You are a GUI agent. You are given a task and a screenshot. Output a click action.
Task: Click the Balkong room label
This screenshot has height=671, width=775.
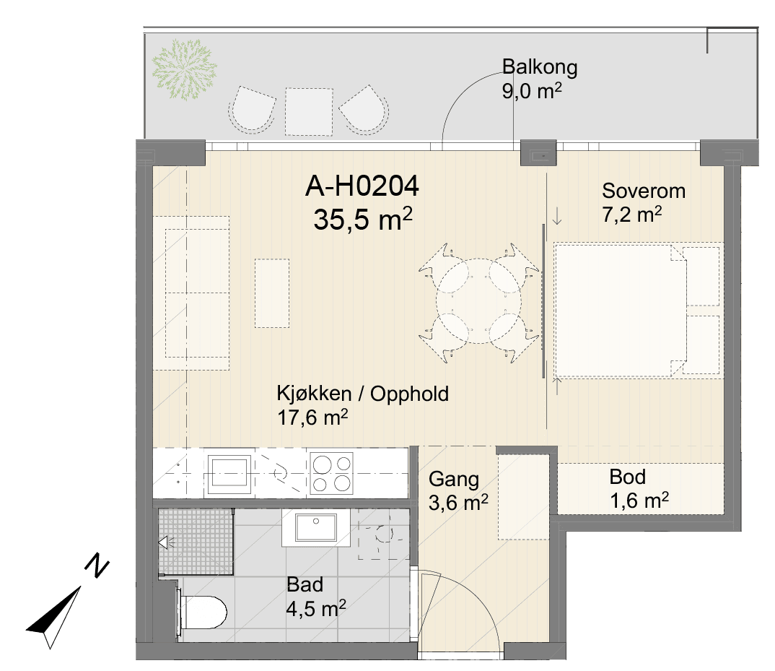click(539, 66)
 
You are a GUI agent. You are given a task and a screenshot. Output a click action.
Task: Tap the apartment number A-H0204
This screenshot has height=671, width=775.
click(362, 186)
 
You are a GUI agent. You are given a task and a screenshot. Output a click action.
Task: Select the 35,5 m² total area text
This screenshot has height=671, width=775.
click(363, 220)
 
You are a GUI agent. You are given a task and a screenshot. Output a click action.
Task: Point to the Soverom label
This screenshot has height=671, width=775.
click(644, 191)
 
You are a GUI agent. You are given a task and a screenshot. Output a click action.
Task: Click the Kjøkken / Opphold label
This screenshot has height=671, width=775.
click(363, 394)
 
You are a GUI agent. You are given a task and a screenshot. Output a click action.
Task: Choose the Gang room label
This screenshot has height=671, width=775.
click(454, 480)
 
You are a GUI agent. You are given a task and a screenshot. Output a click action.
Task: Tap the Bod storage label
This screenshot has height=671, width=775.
click(627, 477)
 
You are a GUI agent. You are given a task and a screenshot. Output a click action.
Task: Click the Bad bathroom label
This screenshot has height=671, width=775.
click(305, 585)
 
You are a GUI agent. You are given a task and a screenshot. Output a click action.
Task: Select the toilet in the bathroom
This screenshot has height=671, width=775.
click(201, 612)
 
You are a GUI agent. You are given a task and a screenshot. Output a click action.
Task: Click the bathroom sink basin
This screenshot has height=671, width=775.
click(316, 527)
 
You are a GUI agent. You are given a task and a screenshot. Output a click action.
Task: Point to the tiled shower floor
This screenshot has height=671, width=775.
click(196, 542)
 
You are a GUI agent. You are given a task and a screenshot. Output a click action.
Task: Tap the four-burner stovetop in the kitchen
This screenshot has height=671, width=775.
click(331, 474)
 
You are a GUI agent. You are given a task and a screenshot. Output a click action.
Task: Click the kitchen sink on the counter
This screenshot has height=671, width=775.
click(228, 474)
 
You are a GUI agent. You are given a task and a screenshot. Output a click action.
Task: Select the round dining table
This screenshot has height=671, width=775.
click(478, 300)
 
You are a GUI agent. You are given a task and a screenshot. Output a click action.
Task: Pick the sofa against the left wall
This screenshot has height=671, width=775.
click(191, 293)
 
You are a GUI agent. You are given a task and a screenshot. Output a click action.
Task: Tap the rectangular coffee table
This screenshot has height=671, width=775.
click(272, 293)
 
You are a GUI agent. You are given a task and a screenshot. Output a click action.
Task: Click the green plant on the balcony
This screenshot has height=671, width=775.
click(184, 69)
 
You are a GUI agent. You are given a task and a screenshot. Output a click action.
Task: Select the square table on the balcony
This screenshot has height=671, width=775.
click(309, 111)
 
